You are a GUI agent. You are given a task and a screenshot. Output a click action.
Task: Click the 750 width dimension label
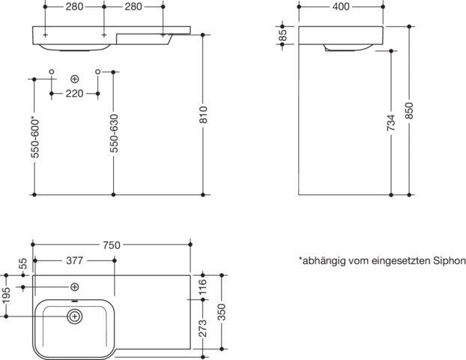(112, 245)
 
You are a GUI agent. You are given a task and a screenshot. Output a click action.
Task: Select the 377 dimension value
(74, 261)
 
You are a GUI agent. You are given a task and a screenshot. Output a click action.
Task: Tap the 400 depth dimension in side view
(341, 7)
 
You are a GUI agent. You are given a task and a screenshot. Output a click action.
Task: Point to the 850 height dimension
(409, 110)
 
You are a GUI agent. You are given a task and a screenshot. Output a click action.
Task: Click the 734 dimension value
(391, 122)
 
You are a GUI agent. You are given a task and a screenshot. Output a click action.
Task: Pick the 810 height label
(203, 115)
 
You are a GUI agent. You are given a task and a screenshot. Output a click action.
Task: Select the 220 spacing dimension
(74, 94)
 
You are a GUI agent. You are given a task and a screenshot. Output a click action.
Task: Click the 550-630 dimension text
(114, 133)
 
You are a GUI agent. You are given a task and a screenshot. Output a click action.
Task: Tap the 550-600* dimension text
(34, 137)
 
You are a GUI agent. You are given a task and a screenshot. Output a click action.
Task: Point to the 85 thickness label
(282, 35)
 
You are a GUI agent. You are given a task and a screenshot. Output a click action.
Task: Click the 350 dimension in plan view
(222, 312)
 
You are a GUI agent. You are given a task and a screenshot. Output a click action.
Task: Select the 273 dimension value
(203, 328)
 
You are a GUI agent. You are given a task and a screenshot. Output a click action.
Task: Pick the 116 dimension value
(203, 286)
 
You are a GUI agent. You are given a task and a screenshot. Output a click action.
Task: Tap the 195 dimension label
(6, 295)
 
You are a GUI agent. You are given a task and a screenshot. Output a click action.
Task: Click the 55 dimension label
(23, 264)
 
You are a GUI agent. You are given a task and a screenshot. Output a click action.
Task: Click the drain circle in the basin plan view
(75, 316)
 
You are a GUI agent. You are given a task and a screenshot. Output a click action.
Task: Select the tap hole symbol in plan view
(75, 287)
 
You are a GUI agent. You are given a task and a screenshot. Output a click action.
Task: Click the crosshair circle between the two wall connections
(75, 79)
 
